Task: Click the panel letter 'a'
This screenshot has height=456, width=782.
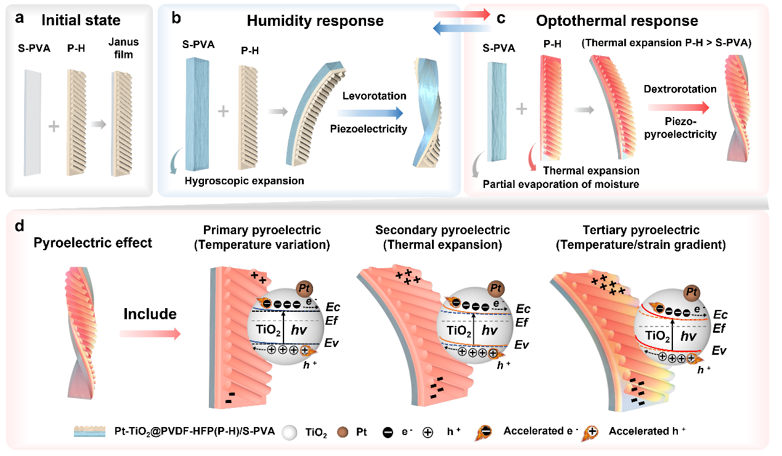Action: pyautogui.click(x=20, y=18)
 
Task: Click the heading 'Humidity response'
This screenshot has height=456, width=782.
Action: pyautogui.click(x=315, y=21)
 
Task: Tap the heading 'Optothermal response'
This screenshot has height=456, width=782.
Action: pyautogui.click(x=617, y=21)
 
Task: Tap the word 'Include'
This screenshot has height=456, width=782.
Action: pyautogui.click(x=150, y=314)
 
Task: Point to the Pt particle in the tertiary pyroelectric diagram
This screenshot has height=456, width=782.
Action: pyautogui.click(x=692, y=292)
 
